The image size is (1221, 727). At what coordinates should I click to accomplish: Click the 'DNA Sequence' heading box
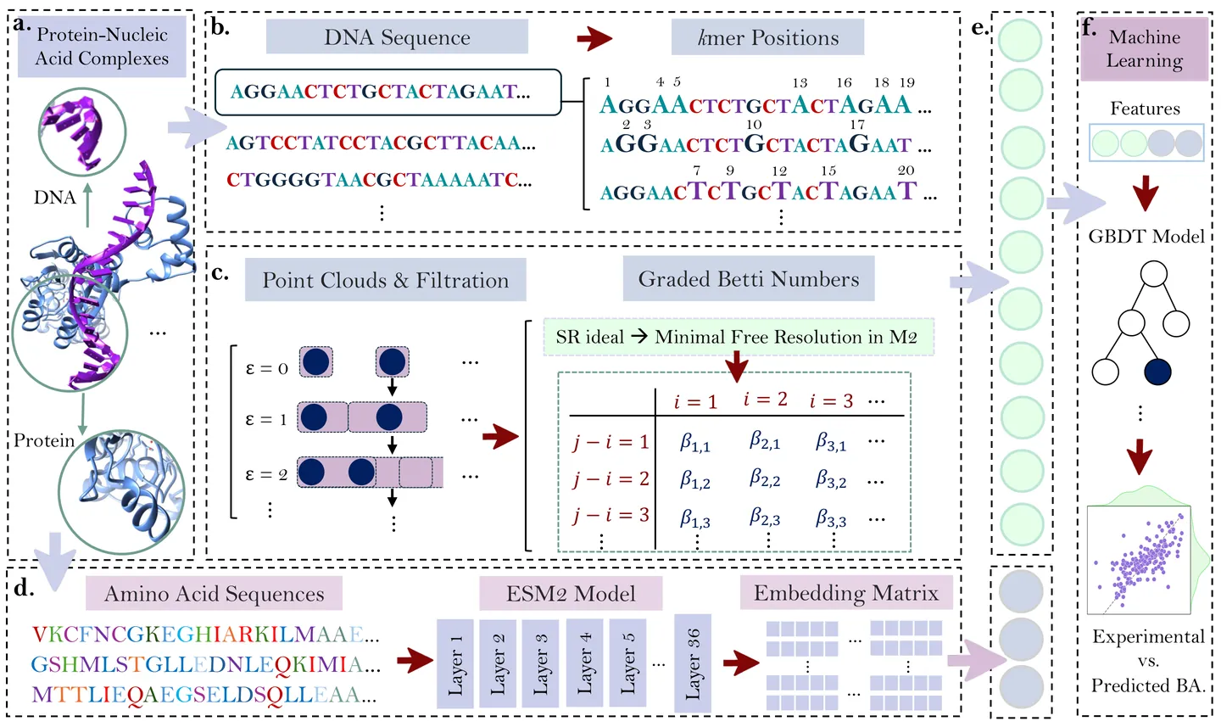397,37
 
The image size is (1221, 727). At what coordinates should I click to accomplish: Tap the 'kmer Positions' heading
767,38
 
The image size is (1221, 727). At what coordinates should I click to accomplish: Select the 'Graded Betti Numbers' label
748,279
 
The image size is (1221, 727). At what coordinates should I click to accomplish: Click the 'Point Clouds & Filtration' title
385,281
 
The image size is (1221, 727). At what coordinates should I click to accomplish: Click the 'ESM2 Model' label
571,594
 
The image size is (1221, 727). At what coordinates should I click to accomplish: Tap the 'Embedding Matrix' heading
845,593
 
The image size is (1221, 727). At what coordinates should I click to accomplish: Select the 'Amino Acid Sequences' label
214,594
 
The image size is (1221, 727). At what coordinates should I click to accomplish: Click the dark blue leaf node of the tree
1157,372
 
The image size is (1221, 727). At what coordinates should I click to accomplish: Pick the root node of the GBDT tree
1153,274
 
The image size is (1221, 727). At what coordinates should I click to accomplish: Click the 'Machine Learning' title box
1144,49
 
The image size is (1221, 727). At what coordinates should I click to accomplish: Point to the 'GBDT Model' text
1146,237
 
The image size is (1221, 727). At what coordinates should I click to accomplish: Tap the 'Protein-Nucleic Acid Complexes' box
102,47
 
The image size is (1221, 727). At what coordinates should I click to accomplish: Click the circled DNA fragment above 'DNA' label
82,131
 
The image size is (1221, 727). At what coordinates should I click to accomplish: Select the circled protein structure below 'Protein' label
121,490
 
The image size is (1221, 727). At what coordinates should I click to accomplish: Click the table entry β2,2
764,478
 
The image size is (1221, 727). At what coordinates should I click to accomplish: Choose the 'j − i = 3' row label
610,515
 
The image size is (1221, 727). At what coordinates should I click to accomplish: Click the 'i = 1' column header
695,401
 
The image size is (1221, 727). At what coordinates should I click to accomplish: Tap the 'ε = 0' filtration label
266,368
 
